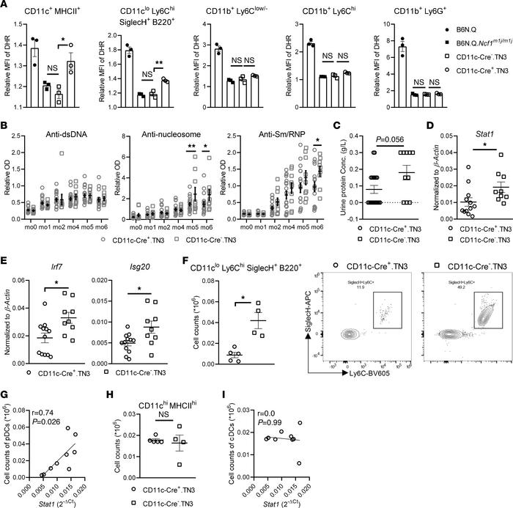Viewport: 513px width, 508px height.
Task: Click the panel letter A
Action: [6, 7]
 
